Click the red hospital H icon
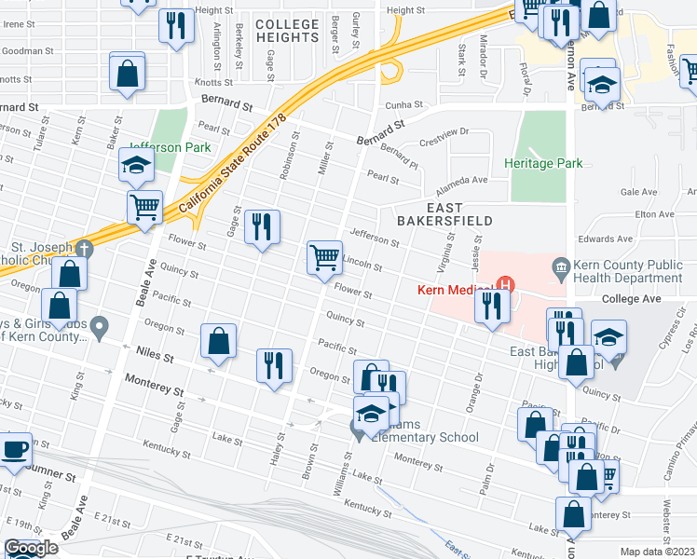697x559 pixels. (x=506, y=285)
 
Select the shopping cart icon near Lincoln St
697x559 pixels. (x=324, y=257)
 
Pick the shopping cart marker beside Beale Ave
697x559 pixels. (x=145, y=207)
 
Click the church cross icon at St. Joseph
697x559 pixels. (x=83, y=249)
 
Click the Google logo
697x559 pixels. (x=30, y=548)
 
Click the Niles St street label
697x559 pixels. (x=156, y=356)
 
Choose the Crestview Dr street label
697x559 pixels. (x=441, y=137)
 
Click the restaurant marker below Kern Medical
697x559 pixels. (x=491, y=306)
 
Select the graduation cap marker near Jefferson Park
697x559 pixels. (x=136, y=167)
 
